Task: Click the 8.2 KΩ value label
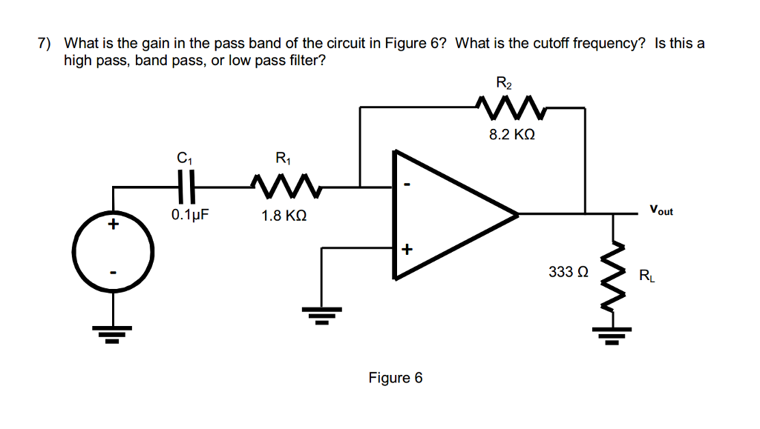512,136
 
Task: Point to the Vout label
661,210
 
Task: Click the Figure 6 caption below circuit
396,378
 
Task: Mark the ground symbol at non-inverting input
321,316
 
